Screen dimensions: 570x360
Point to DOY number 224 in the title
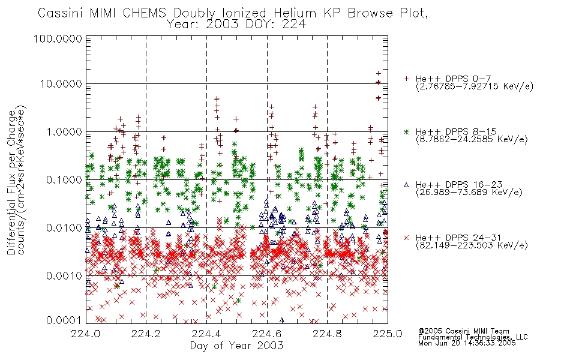[294, 25]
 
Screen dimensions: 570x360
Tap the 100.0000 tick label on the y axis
[58, 38]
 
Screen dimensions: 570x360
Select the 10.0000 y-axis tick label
[61, 83]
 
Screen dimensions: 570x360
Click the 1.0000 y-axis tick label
[64, 131]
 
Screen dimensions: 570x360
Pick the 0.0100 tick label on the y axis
[64, 227]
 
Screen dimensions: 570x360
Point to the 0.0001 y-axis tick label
[64, 320]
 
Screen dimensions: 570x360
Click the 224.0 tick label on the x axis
[86, 334]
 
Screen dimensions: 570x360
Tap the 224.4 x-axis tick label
[206, 334]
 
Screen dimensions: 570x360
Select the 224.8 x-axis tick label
[327, 334]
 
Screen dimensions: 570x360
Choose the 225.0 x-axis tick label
[388, 334]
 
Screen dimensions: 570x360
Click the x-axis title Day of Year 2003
[236, 346]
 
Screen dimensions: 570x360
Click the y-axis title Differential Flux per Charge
[11, 182]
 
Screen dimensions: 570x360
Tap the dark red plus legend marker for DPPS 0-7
[406, 78]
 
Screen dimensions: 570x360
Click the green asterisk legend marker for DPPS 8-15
[406, 131]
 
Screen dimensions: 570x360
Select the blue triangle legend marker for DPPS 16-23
[406, 185]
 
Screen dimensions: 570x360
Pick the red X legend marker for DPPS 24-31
[406, 238]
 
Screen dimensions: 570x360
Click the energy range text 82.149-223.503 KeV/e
[472, 245]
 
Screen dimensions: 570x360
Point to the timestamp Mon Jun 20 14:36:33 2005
[467, 343]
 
